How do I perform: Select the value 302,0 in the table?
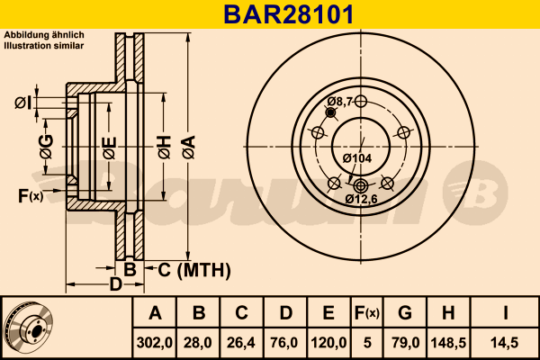155,342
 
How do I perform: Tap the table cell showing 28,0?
199,342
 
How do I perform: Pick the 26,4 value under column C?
242,342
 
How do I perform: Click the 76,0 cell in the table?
285,342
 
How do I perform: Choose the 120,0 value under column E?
328,342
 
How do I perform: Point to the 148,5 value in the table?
448,342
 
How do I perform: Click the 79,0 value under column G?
405,342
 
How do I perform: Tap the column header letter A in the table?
155,313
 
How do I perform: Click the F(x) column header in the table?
367,313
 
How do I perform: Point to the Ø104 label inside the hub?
357,158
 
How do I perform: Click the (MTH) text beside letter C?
203,269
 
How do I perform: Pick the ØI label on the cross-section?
23,103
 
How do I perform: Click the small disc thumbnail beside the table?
28,327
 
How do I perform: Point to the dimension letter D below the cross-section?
115,285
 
